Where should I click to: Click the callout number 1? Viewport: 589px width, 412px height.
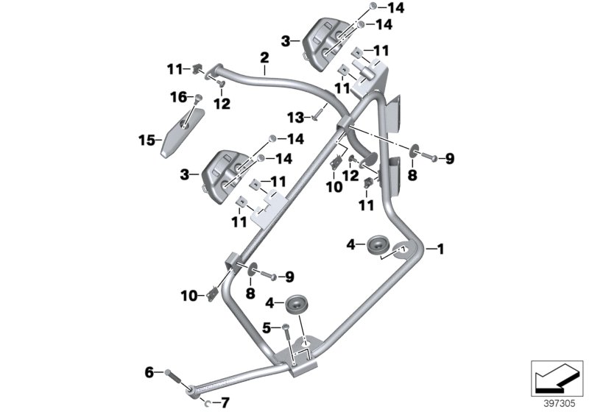(x=441, y=249)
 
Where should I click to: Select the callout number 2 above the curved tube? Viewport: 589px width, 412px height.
(x=263, y=56)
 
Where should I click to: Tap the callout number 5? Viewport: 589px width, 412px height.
(x=267, y=327)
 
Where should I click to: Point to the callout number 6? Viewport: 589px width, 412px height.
(x=149, y=374)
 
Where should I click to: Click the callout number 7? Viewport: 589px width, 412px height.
(x=225, y=402)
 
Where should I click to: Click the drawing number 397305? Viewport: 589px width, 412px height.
(x=557, y=403)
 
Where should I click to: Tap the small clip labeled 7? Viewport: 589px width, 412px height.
(x=207, y=402)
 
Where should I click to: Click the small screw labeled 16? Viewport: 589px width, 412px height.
(x=196, y=98)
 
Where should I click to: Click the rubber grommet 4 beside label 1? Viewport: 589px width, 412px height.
(x=378, y=244)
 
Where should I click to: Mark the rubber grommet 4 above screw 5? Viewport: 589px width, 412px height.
(x=298, y=302)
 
